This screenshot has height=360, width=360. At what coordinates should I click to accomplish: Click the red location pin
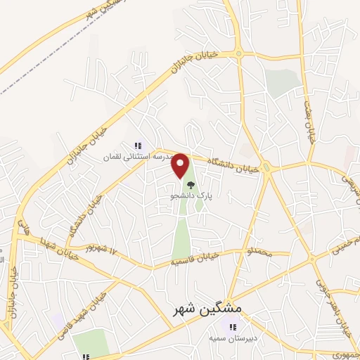(x=181, y=166)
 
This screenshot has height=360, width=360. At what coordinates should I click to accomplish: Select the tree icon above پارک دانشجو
(x=191, y=186)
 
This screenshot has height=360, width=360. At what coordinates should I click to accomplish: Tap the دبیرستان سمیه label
(x=231, y=339)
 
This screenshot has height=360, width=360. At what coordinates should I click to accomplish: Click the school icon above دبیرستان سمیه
(x=231, y=327)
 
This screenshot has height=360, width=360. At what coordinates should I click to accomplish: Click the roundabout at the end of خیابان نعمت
(x=309, y=166)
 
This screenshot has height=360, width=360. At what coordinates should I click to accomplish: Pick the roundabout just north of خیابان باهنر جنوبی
(x=312, y=261)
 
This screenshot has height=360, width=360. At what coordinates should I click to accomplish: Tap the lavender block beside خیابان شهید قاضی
(x=56, y=320)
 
